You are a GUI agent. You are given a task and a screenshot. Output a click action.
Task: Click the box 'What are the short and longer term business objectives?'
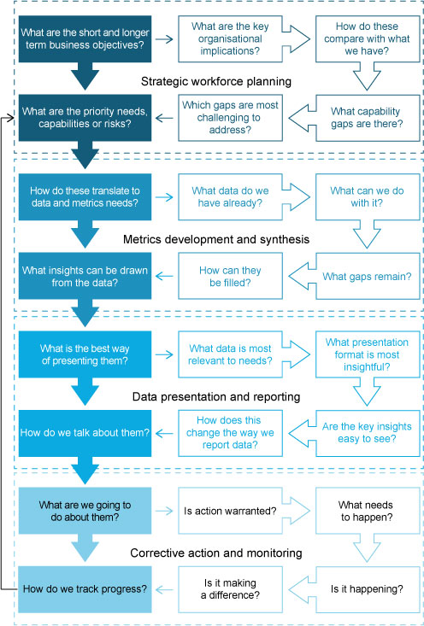click(x=85, y=38)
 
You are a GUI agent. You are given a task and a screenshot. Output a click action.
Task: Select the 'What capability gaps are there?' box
click(x=368, y=118)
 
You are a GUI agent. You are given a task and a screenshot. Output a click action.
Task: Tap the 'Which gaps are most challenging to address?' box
click(x=230, y=118)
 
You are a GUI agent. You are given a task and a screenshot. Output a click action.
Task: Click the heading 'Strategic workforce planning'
click(x=216, y=81)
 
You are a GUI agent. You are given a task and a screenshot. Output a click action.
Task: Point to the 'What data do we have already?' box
click(x=230, y=196)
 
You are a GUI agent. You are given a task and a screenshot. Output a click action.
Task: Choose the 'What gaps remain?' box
click(x=368, y=276)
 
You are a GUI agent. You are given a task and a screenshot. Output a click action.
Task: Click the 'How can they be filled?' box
click(x=230, y=276)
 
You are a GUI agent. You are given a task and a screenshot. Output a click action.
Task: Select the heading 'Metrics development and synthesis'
click(x=216, y=239)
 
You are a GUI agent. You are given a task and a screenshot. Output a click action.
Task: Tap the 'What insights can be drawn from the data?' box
click(x=85, y=276)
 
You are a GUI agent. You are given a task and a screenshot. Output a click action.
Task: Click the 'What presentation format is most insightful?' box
click(x=368, y=354)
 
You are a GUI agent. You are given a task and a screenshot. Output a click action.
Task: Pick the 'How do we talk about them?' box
click(x=85, y=433)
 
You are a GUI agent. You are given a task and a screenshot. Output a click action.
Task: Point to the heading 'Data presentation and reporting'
click(x=216, y=397)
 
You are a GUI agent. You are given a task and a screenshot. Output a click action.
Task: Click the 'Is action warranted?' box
click(x=230, y=511)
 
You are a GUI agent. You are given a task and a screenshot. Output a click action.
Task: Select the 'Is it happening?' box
click(x=368, y=589)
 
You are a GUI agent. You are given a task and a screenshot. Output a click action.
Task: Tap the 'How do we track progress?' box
click(x=85, y=589)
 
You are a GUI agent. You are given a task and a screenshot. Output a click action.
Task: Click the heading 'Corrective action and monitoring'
click(x=216, y=553)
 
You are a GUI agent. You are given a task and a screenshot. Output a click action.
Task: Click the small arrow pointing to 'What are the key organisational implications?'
click(x=164, y=38)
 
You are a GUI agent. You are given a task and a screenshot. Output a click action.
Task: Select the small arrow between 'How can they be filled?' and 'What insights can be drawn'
click(x=164, y=276)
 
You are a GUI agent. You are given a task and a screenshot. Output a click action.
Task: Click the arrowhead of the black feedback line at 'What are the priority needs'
click(x=13, y=118)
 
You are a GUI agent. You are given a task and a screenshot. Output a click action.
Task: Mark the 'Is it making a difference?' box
click(x=230, y=589)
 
